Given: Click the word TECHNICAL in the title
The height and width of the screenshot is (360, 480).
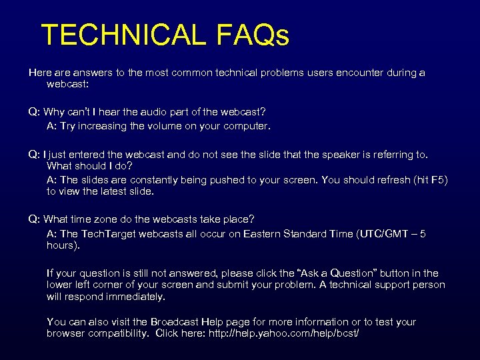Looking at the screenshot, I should click(x=123, y=35).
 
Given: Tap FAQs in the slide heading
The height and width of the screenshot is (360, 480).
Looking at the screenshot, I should click(x=253, y=35).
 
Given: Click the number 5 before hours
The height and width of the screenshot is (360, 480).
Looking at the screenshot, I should click(x=423, y=233).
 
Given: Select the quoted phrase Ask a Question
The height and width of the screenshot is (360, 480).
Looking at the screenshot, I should click(x=339, y=273).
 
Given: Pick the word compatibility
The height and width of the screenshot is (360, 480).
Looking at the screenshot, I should click(x=117, y=333).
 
